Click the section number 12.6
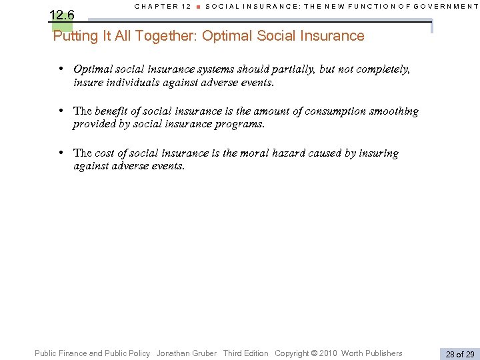(x=62, y=14)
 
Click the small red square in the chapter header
(x=198, y=7)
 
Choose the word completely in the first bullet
(x=383, y=69)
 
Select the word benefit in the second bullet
(x=114, y=111)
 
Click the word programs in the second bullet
(x=241, y=124)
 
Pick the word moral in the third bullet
(x=254, y=153)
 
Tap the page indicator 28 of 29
(x=459, y=354)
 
